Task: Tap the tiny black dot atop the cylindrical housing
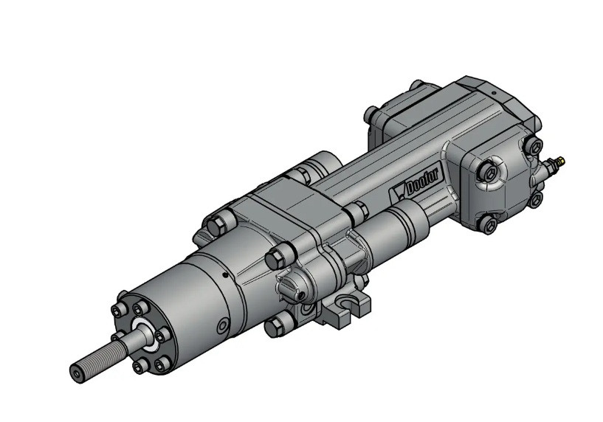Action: click(226, 275)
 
